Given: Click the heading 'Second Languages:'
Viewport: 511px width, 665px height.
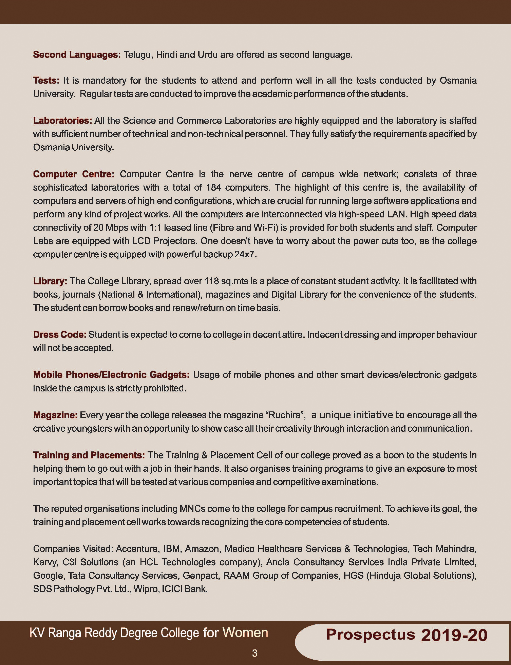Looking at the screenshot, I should (x=77, y=55).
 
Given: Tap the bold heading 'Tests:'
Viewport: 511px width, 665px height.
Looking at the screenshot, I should (x=46, y=81).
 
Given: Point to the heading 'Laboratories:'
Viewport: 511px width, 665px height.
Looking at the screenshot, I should (x=62, y=121).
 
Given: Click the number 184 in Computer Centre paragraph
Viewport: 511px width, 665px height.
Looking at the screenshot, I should (x=213, y=187).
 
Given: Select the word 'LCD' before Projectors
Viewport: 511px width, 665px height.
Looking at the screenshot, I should (x=141, y=241).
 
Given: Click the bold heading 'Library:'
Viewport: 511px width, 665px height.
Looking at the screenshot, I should (x=50, y=281).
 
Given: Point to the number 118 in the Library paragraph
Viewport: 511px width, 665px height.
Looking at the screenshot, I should (x=211, y=281).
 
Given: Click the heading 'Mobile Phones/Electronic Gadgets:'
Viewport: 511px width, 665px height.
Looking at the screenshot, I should (x=111, y=374).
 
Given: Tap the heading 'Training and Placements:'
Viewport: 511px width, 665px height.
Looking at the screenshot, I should (x=89, y=455).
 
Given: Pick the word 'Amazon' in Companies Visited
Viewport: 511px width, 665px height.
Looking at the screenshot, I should (x=202, y=549).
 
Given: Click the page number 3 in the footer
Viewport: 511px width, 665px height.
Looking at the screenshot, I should (x=255, y=653).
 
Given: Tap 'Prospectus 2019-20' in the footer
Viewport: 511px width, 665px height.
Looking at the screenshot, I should (x=407, y=635).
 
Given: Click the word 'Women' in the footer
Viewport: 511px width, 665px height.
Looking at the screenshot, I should (x=245, y=632).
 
